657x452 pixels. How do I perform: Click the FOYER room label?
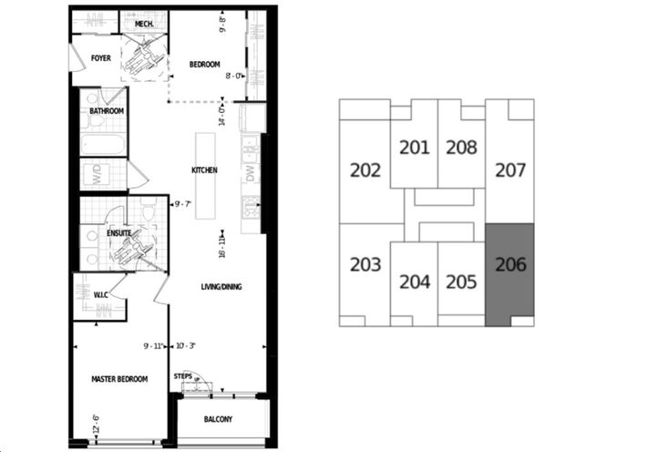tap(101, 58)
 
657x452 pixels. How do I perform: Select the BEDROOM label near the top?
tap(204, 64)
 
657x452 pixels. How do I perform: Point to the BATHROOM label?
tap(107, 111)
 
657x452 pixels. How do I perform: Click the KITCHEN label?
tap(203, 170)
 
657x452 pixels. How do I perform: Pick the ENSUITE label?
tap(119, 233)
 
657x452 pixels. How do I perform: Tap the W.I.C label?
tap(102, 294)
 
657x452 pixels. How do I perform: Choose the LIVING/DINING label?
tap(221, 287)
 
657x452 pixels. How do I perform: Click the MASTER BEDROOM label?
tap(119, 379)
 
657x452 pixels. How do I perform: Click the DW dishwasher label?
tap(249, 174)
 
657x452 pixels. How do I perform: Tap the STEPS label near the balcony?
tap(182, 375)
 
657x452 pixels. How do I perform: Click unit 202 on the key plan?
tap(365, 169)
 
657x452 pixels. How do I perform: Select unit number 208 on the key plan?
tap(461, 147)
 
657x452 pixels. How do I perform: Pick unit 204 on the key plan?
tap(414, 282)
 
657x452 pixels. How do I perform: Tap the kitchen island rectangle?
tap(203, 179)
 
